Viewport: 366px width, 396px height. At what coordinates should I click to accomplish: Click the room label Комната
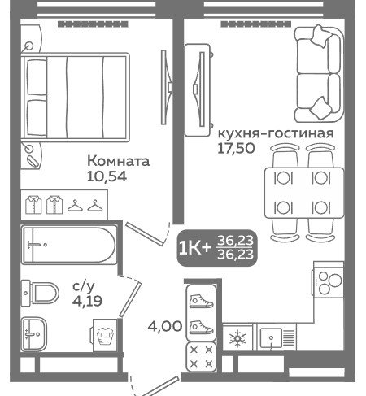tap(118, 161)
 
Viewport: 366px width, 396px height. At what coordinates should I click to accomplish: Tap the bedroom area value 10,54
tap(107, 176)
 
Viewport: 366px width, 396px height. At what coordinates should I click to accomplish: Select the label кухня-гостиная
tap(276, 133)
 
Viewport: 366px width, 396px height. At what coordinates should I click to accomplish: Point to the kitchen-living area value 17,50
tap(236, 148)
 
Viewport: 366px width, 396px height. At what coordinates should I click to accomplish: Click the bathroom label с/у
tap(84, 286)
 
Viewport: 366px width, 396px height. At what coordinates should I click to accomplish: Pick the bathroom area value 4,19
tap(87, 301)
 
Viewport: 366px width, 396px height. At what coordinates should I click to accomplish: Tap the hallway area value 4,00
tap(165, 326)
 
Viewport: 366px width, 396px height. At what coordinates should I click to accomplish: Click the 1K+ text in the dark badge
tap(194, 248)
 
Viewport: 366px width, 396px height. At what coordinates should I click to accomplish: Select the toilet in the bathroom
tap(40, 294)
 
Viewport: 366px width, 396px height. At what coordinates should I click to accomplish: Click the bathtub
tap(69, 245)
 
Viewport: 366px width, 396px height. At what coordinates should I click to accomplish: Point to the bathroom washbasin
tap(34, 333)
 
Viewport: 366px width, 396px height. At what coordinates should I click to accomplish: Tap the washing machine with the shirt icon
tap(105, 336)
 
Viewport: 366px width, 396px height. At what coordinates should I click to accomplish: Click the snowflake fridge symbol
tap(237, 338)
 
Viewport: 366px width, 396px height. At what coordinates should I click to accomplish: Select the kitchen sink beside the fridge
tap(277, 337)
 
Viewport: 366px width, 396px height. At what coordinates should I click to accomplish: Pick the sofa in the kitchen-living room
tap(318, 74)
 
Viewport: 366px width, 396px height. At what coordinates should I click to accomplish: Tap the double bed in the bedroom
tap(75, 98)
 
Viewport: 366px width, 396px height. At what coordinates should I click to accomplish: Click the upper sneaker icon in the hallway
tap(201, 302)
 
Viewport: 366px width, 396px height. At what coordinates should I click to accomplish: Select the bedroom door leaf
tap(145, 234)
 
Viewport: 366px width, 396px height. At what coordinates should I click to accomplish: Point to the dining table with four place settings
tap(304, 193)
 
